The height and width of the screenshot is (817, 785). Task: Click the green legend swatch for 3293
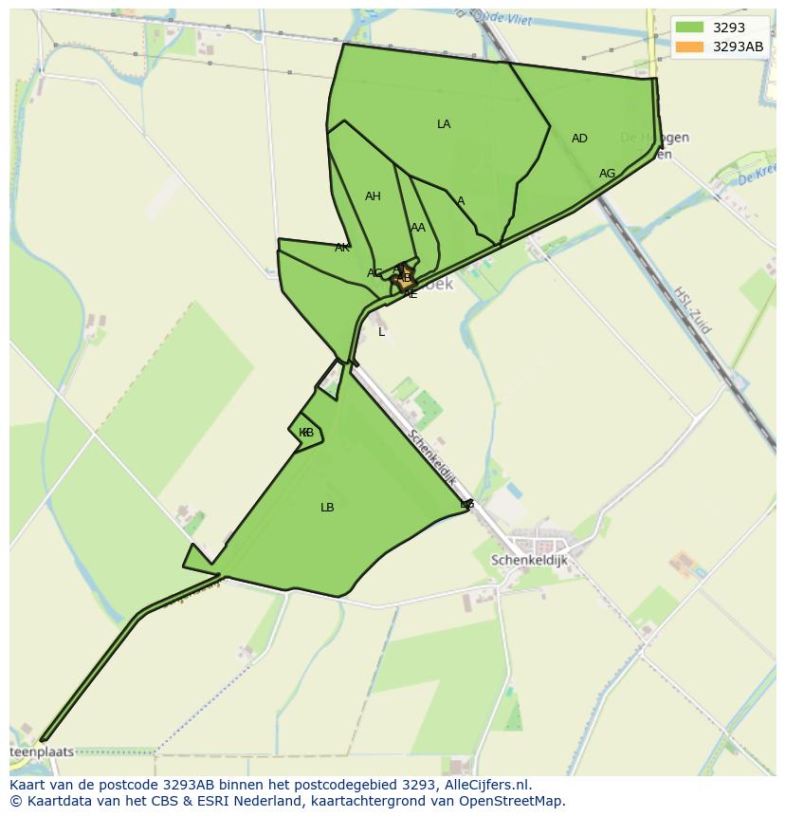[689, 28]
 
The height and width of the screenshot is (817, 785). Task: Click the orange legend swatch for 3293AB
[689, 46]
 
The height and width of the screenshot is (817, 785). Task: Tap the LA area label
[444, 124]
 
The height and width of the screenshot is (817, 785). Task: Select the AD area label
[579, 139]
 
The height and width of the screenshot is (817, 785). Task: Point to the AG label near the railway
[607, 174]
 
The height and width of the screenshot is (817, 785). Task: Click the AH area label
[373, 196]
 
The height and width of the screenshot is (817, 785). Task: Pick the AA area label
[418, 228]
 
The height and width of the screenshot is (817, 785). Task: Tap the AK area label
[342, 248]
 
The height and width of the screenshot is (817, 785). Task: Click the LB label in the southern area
[327, 508]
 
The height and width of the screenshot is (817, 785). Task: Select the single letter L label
[382, 332]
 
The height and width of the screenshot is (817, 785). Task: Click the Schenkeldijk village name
[529, 561]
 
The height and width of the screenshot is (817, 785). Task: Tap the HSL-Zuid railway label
[691, 309]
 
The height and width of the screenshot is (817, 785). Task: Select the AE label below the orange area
[411, 294]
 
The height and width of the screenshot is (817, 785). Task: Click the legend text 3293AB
[738, 46]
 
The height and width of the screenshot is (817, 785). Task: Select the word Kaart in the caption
[28, 785]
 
